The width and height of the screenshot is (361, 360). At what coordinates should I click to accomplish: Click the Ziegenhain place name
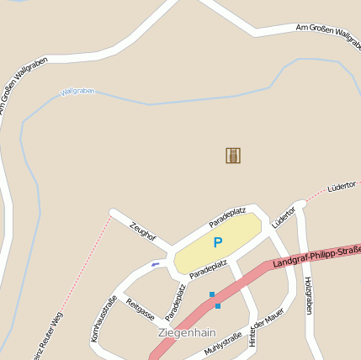[187, 332]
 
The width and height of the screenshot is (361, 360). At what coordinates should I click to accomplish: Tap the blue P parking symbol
[218, 242]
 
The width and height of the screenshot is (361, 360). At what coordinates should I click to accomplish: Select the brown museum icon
[233, 156]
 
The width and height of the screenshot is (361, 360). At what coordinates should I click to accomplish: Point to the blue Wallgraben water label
[77, 91]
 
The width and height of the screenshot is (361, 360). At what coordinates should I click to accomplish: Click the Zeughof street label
[143, 230]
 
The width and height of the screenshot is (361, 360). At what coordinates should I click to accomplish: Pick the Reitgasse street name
[140, 309]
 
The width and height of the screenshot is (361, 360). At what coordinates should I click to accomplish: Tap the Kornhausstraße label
[104, 319]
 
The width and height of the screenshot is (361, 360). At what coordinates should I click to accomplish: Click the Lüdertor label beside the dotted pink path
[342, 184]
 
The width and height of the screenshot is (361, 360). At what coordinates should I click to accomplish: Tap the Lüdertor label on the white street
[284, 216]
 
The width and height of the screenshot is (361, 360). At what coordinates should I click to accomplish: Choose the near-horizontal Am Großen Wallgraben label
[328, 33]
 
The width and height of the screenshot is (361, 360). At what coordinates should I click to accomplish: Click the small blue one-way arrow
[155, 265]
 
